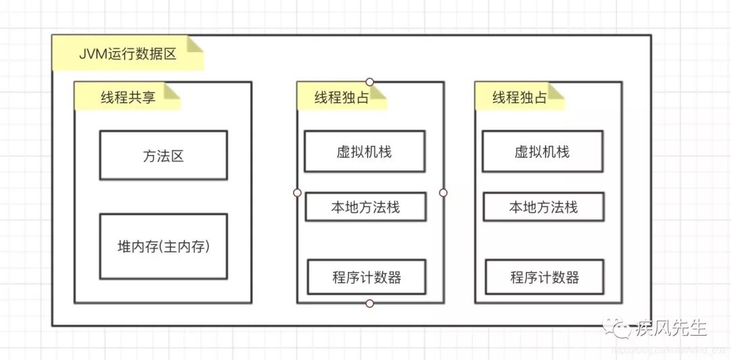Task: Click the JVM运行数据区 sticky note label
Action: tap(127, 53)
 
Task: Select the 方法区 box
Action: tap(163, 156)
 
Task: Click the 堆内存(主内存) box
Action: tap(163, 246)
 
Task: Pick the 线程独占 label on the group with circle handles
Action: tap(341, 97)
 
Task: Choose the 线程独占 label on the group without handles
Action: tap(519, 97)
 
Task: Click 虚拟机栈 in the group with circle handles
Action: tap(364, 152)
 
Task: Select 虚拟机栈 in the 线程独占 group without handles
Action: tap(542, 152)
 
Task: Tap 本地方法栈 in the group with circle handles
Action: tap(365, 206)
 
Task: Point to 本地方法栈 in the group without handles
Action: tap(544, 206)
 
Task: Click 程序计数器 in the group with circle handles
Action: tap(366, 277)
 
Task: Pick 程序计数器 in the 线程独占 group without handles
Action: tap(544, 277)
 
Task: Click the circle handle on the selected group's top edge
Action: tap(370, 82)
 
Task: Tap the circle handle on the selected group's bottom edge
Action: tap(370, 303)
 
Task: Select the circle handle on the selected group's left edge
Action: tap(296, 193)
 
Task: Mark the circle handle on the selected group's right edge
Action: tap(443, 193)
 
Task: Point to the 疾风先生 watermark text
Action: tap(671, 328)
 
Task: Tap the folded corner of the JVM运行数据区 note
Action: tap(195, 45)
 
